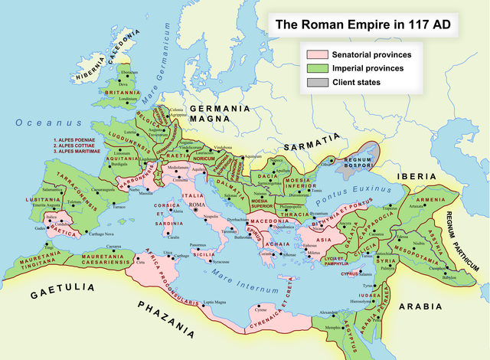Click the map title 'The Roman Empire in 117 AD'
[362, 25]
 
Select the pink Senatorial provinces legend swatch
[316, 55]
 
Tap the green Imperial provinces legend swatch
[316, 68]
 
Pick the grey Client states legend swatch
[316, 81]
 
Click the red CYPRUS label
[350, 272]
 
